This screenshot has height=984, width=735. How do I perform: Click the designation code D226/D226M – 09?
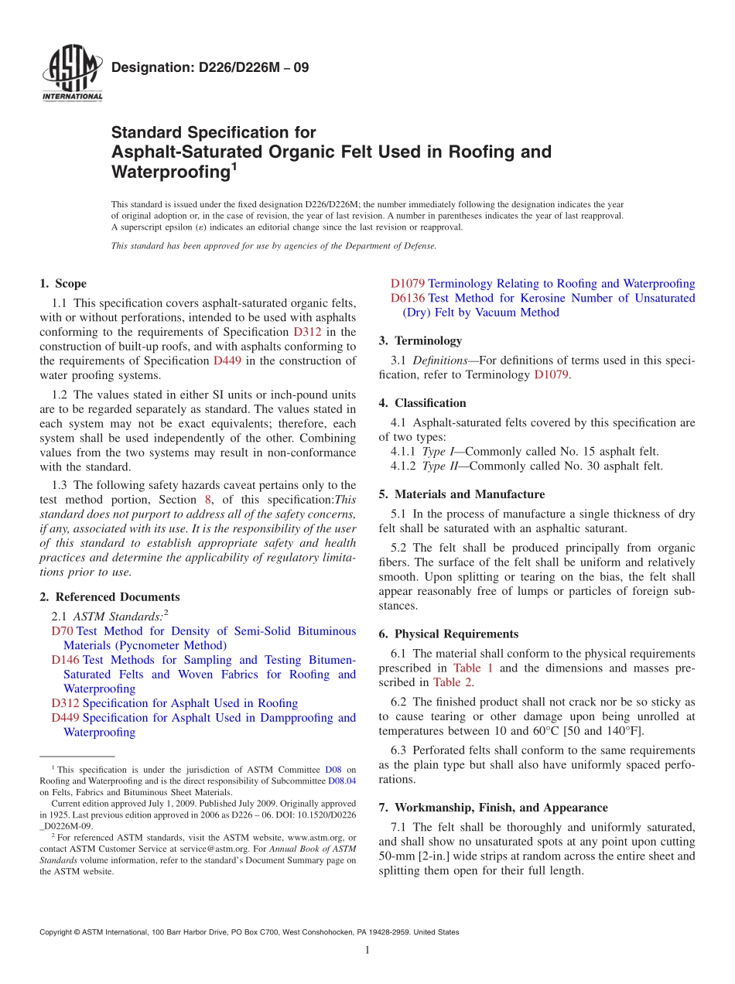point(210,67)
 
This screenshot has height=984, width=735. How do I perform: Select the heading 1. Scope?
point(63,284)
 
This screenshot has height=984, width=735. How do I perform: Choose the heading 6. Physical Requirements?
point(448,634)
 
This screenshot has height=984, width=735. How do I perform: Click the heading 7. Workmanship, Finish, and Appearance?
point(493,808)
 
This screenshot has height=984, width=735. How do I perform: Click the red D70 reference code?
point(62,631)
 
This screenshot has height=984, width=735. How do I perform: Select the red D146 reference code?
point(65,660)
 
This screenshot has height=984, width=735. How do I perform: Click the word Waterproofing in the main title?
point(168,171)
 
